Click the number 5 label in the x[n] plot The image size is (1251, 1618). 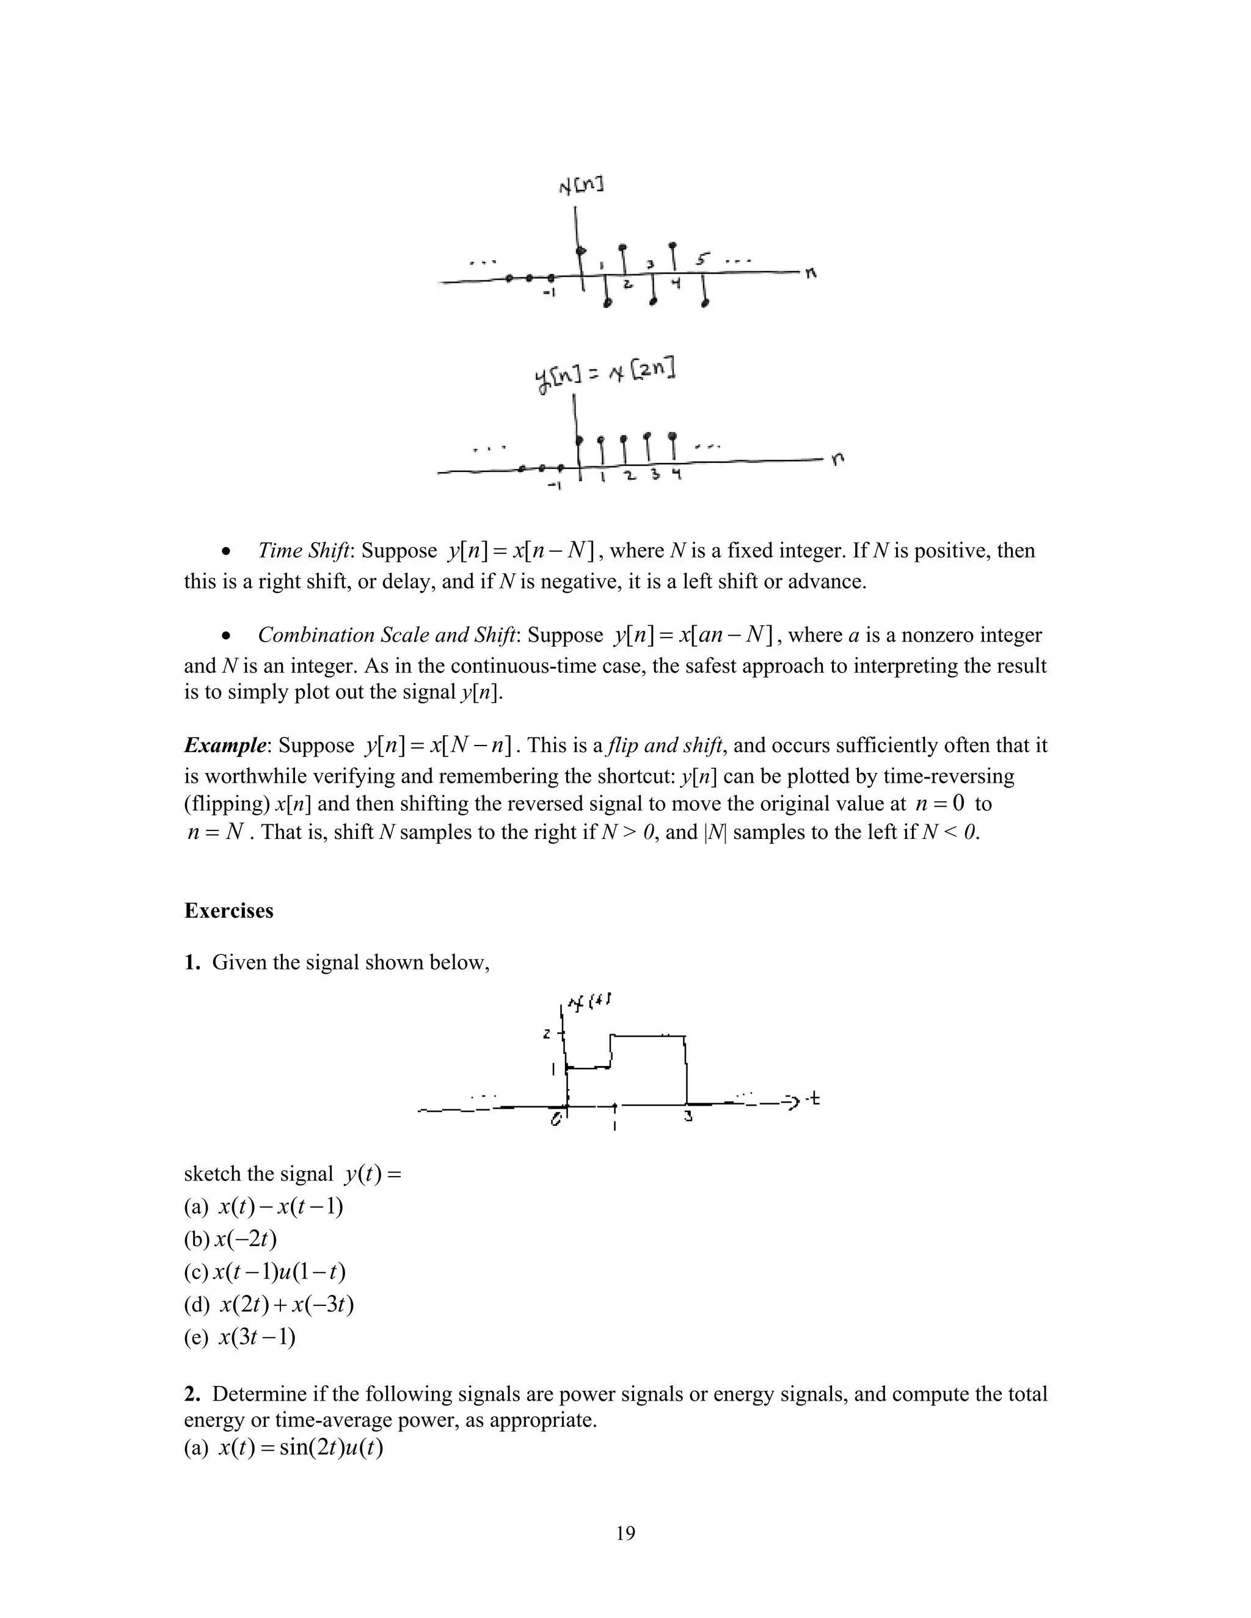[x=702, y=260]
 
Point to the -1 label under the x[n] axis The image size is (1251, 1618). [x=549, y=294]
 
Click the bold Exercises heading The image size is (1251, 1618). [x=228, y=910]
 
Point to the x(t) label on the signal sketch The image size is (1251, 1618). [x=589, y=1004]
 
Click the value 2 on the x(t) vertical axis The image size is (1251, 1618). [x=547, y=1034]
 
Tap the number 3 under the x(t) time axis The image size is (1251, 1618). [x=688, y=1119]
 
